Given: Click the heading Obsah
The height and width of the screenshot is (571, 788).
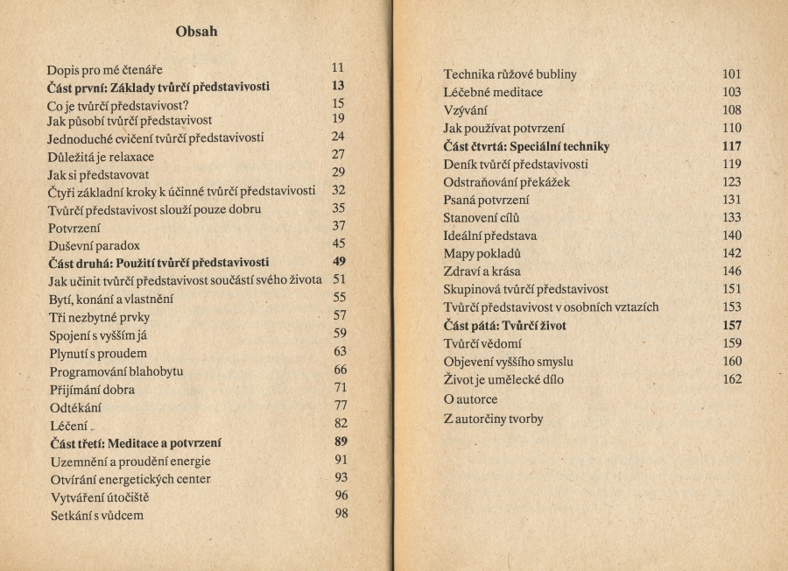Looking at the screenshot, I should click(196, 32).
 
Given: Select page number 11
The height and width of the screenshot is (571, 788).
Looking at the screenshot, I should click(338, 67).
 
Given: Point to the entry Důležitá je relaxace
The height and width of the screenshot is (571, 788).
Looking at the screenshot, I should click(101, 157).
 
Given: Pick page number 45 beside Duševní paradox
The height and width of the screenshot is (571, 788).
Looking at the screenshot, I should click(339, 243).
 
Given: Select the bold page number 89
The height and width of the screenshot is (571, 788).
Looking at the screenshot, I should click(341, 441).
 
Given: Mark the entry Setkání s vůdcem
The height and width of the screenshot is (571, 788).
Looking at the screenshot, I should click(96, 516).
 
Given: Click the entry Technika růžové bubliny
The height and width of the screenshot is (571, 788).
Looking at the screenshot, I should click(510, 74).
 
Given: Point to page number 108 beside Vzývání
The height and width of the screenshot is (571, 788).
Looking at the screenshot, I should click(732, 110).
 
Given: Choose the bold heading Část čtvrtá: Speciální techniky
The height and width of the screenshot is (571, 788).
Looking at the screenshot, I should click(526, 146).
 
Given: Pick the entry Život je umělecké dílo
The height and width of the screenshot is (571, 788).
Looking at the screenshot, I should click(504, 380).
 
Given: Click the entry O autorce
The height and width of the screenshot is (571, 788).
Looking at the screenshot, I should click(471, 399).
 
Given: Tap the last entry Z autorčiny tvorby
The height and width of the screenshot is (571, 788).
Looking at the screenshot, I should click(494, 419).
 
